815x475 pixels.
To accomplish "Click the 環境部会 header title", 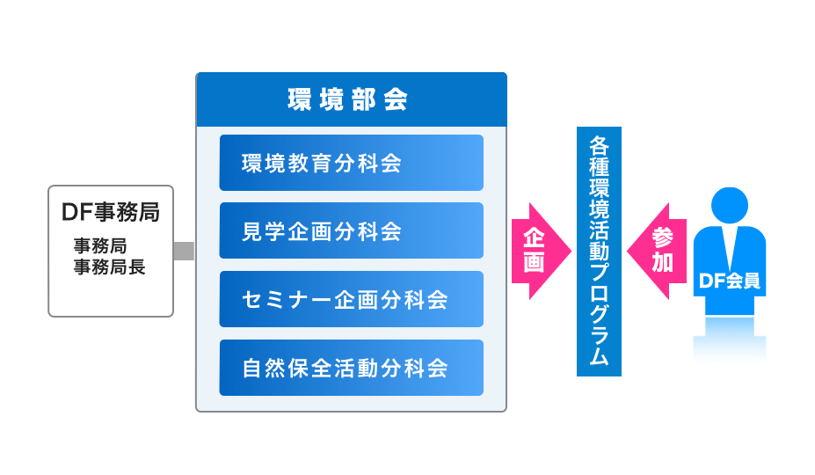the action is click(348, 99).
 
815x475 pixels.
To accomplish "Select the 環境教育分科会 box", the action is click(352, 163).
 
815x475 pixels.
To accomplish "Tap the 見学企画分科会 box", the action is click(352, 230).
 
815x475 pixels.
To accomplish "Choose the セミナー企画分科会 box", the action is click(352, 299).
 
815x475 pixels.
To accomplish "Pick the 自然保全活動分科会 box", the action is click(352, 368).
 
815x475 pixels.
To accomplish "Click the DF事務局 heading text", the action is click(111, 212).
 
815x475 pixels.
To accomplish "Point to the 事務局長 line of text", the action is click(109, 267).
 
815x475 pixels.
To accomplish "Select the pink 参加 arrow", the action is click(657, 252).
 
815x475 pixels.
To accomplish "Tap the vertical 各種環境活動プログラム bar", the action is click(599, 252).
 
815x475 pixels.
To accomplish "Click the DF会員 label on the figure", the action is click(729, 281).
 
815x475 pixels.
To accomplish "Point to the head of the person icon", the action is click(729, 206).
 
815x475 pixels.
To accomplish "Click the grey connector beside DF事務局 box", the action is click(184, 252).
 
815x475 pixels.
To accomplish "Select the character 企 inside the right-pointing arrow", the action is click(534, 237).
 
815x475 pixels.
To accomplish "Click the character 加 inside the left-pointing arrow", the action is click(663, 262).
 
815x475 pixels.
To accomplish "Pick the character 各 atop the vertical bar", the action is click(599, 146).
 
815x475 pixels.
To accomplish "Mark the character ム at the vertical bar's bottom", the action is click(599, 355).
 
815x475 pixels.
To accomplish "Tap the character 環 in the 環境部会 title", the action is click(300, 99).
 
